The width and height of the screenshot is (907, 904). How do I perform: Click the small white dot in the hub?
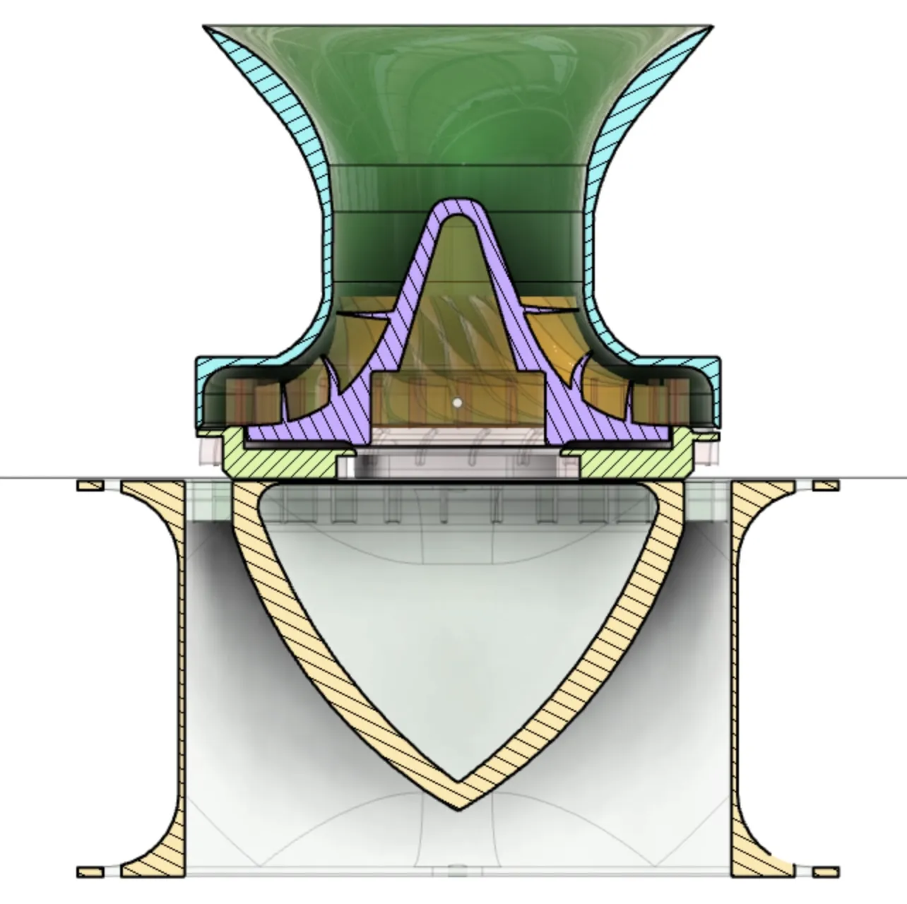point(458,403)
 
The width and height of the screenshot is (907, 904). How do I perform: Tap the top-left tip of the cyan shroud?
point(206,28)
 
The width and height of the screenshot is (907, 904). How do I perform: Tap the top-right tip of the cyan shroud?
point(710,28)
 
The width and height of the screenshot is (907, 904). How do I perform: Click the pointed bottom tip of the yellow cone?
point(458,808)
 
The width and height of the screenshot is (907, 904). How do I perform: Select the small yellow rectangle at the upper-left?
point(90,485)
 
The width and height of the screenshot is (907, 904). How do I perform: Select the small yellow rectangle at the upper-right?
point(826,485)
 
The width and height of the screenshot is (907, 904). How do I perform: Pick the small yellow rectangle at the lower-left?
point(90,871)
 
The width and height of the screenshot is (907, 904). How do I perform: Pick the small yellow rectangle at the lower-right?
point(826,871)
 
